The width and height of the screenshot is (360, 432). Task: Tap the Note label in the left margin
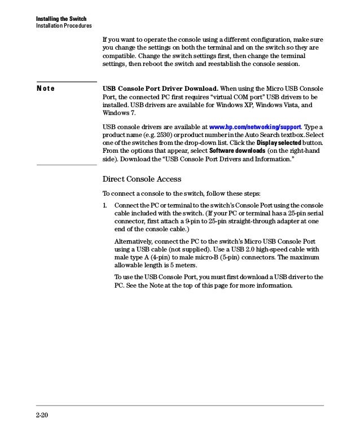point(46,89)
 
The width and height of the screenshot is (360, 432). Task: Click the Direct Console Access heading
point(142,179)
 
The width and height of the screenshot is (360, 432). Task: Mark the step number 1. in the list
point(106,204)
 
